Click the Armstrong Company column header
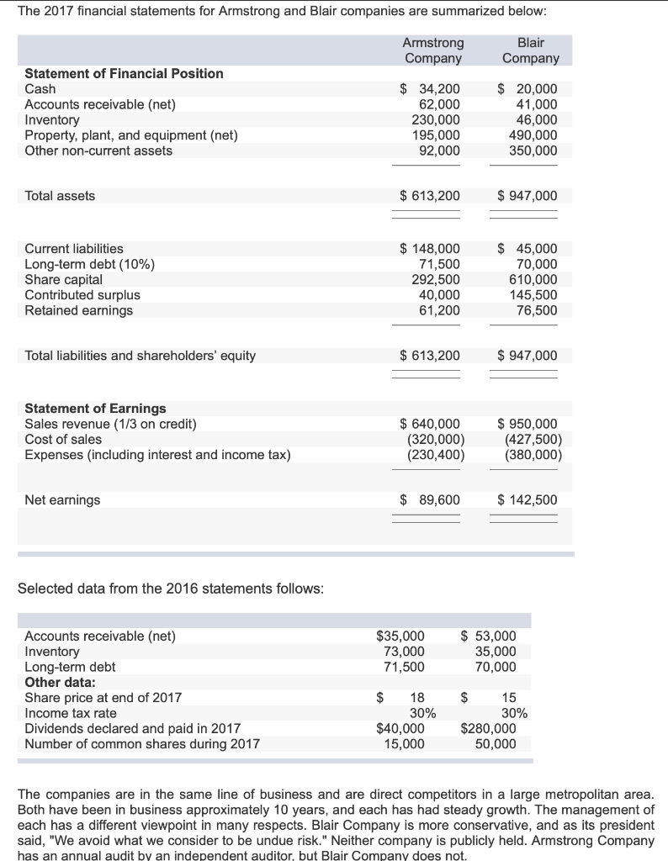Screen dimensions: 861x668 click(432, 50)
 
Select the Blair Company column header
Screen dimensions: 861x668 click(530, 50)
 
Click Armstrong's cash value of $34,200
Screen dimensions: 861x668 click(429, 89)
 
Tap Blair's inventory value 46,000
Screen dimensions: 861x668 click(533, 120)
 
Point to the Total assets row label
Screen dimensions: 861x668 click(60, 196)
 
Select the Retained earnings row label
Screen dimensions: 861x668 click(79, 310)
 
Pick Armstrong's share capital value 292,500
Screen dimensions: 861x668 click(435, 280)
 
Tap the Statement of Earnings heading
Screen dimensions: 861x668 click(95, 409)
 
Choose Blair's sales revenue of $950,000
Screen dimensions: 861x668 click(527, 424)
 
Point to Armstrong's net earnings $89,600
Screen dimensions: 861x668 click(429, 500)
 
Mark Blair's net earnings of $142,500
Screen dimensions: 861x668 click(527, 500)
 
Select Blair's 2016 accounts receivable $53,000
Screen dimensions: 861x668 click(490, 637)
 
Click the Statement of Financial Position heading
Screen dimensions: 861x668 click(124, 74)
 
